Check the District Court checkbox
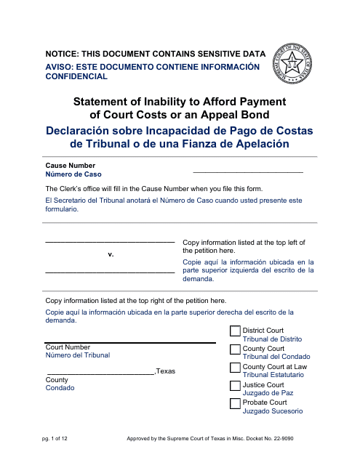(x=235, y=332)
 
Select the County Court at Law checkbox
(x=235, y=368)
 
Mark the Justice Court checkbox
(x=235, y=386)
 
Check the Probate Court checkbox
(x=235, y=404)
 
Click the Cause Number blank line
(x=247, y=171)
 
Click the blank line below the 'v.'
(x=110, y=272)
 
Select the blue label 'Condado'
(x=60, y=388)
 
